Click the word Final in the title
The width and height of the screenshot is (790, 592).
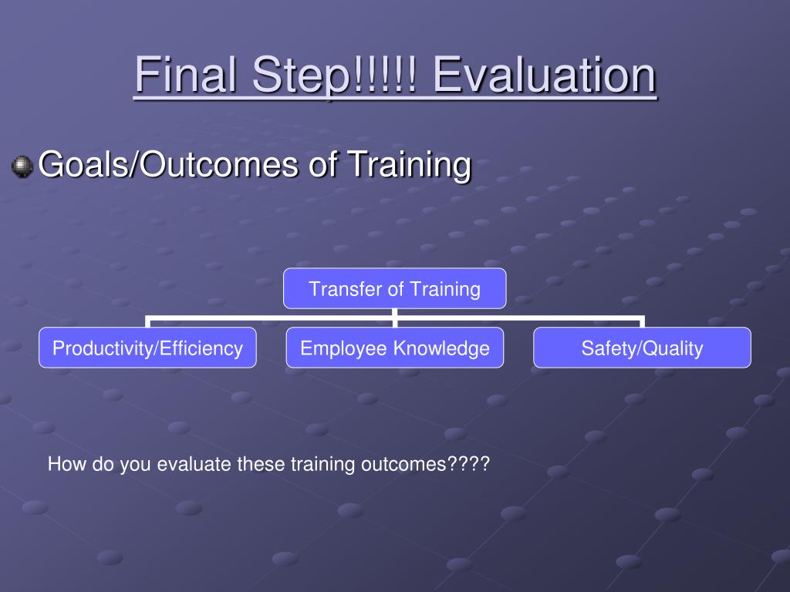186,74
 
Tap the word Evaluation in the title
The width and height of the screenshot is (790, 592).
545,74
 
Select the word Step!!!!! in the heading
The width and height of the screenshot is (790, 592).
335,76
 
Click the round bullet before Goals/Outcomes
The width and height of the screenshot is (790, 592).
22,166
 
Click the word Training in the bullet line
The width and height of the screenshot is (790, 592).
410,165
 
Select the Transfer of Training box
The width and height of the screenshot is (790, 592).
394,288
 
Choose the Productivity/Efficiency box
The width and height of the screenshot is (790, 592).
147,348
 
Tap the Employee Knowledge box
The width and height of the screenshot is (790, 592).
395,348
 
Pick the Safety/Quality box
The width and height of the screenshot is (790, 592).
642,348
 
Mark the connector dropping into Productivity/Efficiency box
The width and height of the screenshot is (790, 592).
147,321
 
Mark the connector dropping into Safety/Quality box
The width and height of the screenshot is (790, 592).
642,321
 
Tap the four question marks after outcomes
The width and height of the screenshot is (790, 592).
468,463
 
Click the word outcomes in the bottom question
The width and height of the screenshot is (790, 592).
403,463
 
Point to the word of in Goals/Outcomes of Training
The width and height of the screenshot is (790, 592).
322,164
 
